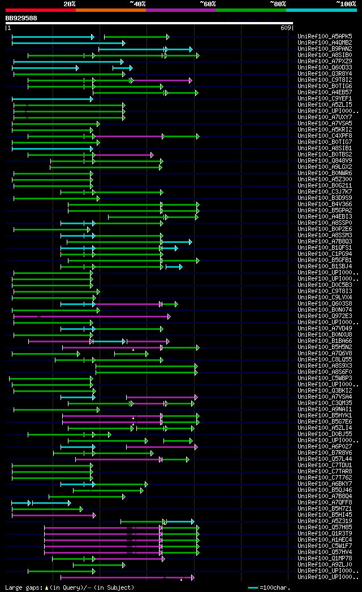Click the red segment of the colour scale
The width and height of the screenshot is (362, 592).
pyautogui.click(x=40, y=10)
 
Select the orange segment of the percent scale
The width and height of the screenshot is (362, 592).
pyautogui.click(x=110, y=10)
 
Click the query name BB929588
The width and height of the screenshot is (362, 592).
pyautogui.click(x=21, y=18)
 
